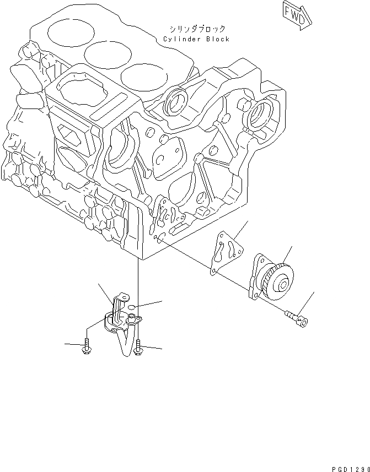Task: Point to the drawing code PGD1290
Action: click(351, 466)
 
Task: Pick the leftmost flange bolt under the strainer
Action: click(87, 347)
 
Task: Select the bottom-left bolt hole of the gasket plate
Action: click(213, 270)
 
